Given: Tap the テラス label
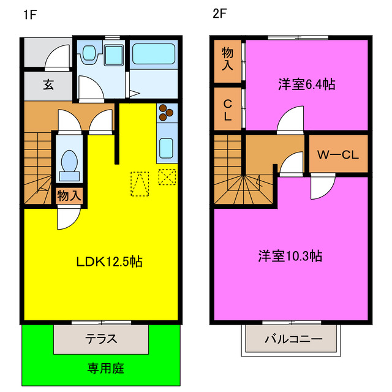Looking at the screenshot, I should point(101,339).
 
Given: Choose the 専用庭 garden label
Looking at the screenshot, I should point(105,369).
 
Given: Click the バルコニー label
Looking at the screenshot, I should point(293,339).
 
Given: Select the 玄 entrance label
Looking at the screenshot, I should point(48,85).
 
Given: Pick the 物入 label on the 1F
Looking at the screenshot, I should point(69,196).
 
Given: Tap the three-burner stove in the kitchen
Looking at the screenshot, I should point(167,112).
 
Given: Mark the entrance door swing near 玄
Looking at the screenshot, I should point(60,59).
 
